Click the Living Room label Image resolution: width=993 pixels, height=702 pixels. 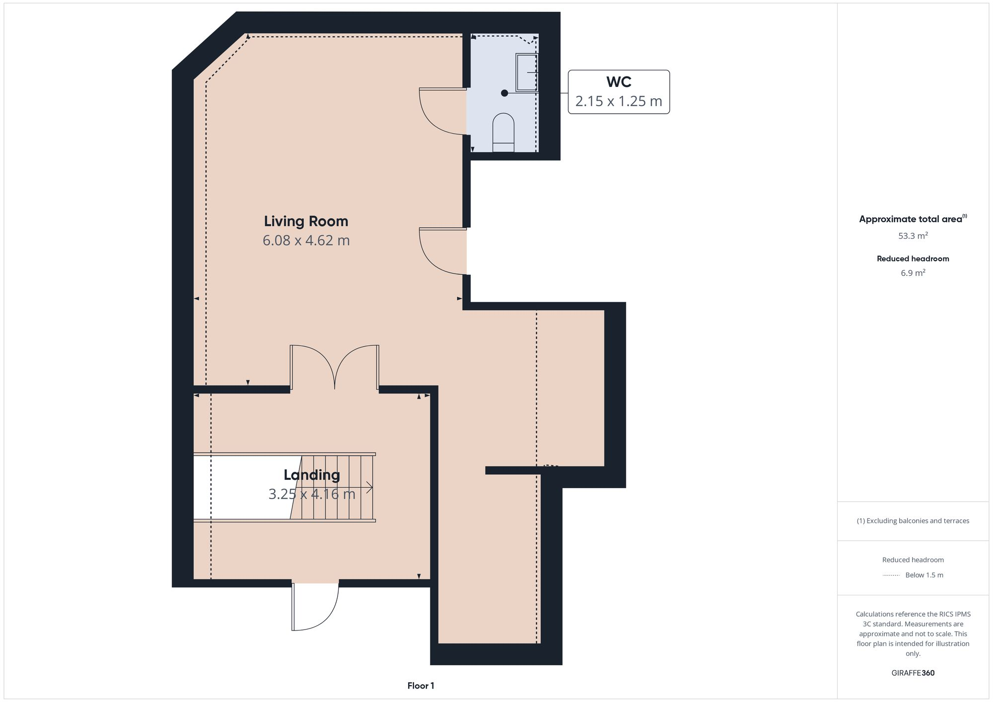306,221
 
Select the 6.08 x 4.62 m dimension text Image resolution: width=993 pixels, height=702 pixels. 306,241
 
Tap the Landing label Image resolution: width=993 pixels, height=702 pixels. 312,475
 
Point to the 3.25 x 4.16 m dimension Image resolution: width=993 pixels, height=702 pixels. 312,494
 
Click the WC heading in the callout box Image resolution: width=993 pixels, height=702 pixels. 619,82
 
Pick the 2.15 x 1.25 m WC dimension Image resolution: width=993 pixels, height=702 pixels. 619,101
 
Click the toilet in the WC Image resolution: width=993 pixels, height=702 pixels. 503,132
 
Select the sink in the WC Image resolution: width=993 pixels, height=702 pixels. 527,72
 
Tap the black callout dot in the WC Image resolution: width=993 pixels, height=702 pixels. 504,93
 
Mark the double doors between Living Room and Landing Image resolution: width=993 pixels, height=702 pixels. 335,367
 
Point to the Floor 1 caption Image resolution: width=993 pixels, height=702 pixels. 421,686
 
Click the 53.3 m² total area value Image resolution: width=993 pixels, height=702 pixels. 913,236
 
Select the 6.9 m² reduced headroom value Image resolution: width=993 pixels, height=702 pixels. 913,273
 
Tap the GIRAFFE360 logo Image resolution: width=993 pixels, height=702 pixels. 913,673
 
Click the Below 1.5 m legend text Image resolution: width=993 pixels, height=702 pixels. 924,575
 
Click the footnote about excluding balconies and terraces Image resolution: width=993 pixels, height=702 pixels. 913,520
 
